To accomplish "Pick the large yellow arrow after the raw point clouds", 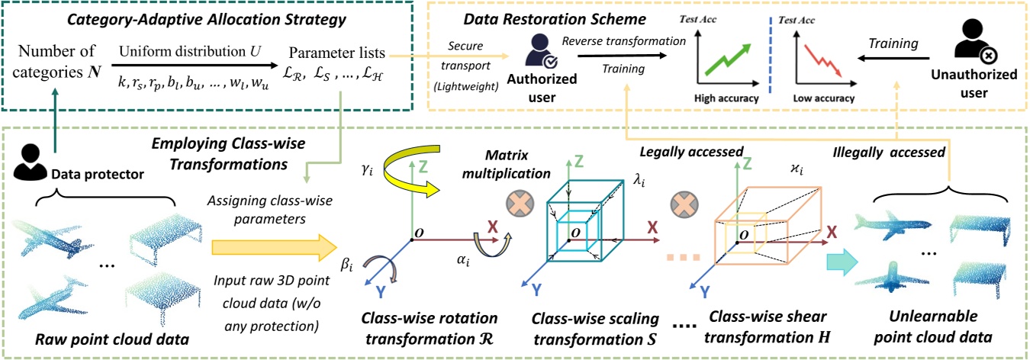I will pyautogui.click(x=273, y=246).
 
